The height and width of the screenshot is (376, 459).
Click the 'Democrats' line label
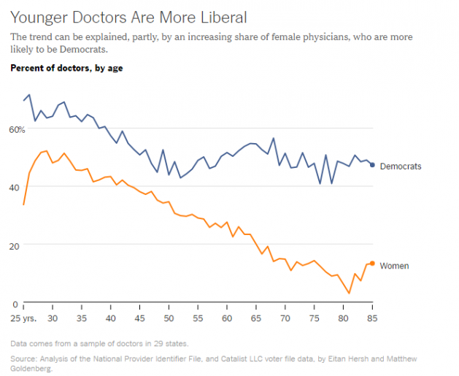401,166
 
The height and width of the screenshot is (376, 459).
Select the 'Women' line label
394,266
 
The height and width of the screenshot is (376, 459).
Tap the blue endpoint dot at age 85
372,165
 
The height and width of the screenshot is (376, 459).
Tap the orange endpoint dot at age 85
372,264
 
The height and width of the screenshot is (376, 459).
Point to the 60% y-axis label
17,129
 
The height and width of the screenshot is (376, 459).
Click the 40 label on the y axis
15,188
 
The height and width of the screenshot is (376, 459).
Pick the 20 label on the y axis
15,245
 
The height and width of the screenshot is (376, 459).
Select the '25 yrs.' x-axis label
23,319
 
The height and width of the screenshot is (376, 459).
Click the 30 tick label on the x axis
53,319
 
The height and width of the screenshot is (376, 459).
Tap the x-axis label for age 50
169,319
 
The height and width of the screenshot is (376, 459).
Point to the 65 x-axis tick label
256,319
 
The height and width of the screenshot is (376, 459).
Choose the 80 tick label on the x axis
343,319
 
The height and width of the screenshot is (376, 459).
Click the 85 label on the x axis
372,319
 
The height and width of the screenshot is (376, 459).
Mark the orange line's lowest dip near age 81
350,293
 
